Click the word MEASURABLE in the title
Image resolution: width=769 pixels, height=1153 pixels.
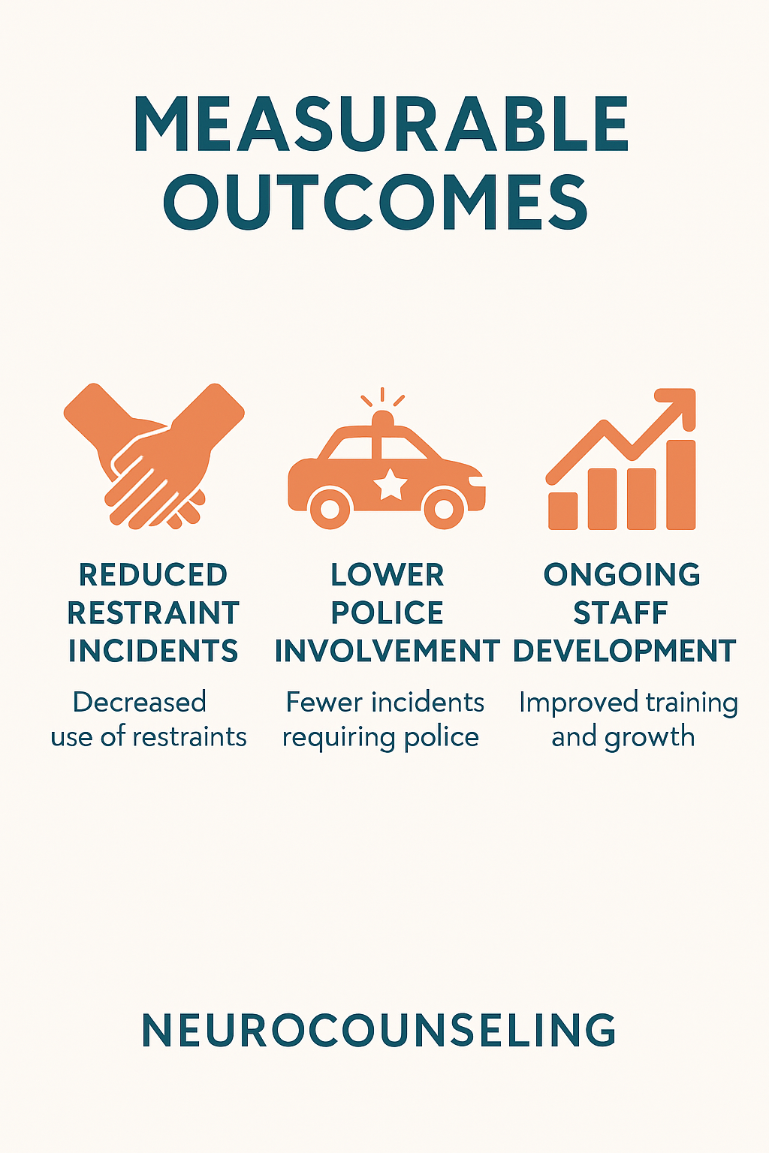pyautogui.click(x=381, y=124)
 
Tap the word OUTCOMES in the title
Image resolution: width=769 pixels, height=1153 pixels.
pyautogui.click(x=375, y=203)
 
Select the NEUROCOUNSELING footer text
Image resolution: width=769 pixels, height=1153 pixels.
pyautogui.click(x=378, y=1030)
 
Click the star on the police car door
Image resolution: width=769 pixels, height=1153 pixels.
pyautogui.click(x=391, y=484)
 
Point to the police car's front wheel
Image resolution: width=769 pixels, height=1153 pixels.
pyautogui.click(x=444, y=509)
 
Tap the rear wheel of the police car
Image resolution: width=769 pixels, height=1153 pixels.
pyautogui.click(x=330, y=509)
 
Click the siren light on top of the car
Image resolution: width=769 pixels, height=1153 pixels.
pyautogui.click(x=382, y=418)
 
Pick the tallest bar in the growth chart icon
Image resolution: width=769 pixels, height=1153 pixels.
pyautogui.click(x=681, y=484)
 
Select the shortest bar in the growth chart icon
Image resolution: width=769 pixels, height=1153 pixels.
pyautogui.click(x=563, y=510)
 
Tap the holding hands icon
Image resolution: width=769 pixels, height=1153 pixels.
pyautogui.click(x=154, y=456)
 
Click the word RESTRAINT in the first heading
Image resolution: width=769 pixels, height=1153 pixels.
pyautogui.click(x=153, y=613)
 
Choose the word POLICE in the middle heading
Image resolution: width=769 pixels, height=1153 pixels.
pyautogui.click(x=387, y=613)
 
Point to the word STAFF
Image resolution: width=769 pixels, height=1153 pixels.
pyautogui.click(x=620, y=613)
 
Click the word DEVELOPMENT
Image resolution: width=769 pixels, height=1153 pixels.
pyautogui.click(x=624, y=651)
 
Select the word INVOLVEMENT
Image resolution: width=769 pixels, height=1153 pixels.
pyautogui.click(x=388, y=651)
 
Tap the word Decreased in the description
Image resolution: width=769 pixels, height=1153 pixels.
pyautogui.click(x=140, y=702)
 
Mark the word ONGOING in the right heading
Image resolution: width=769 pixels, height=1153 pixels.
pyautogui.click(x=622, y=574)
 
